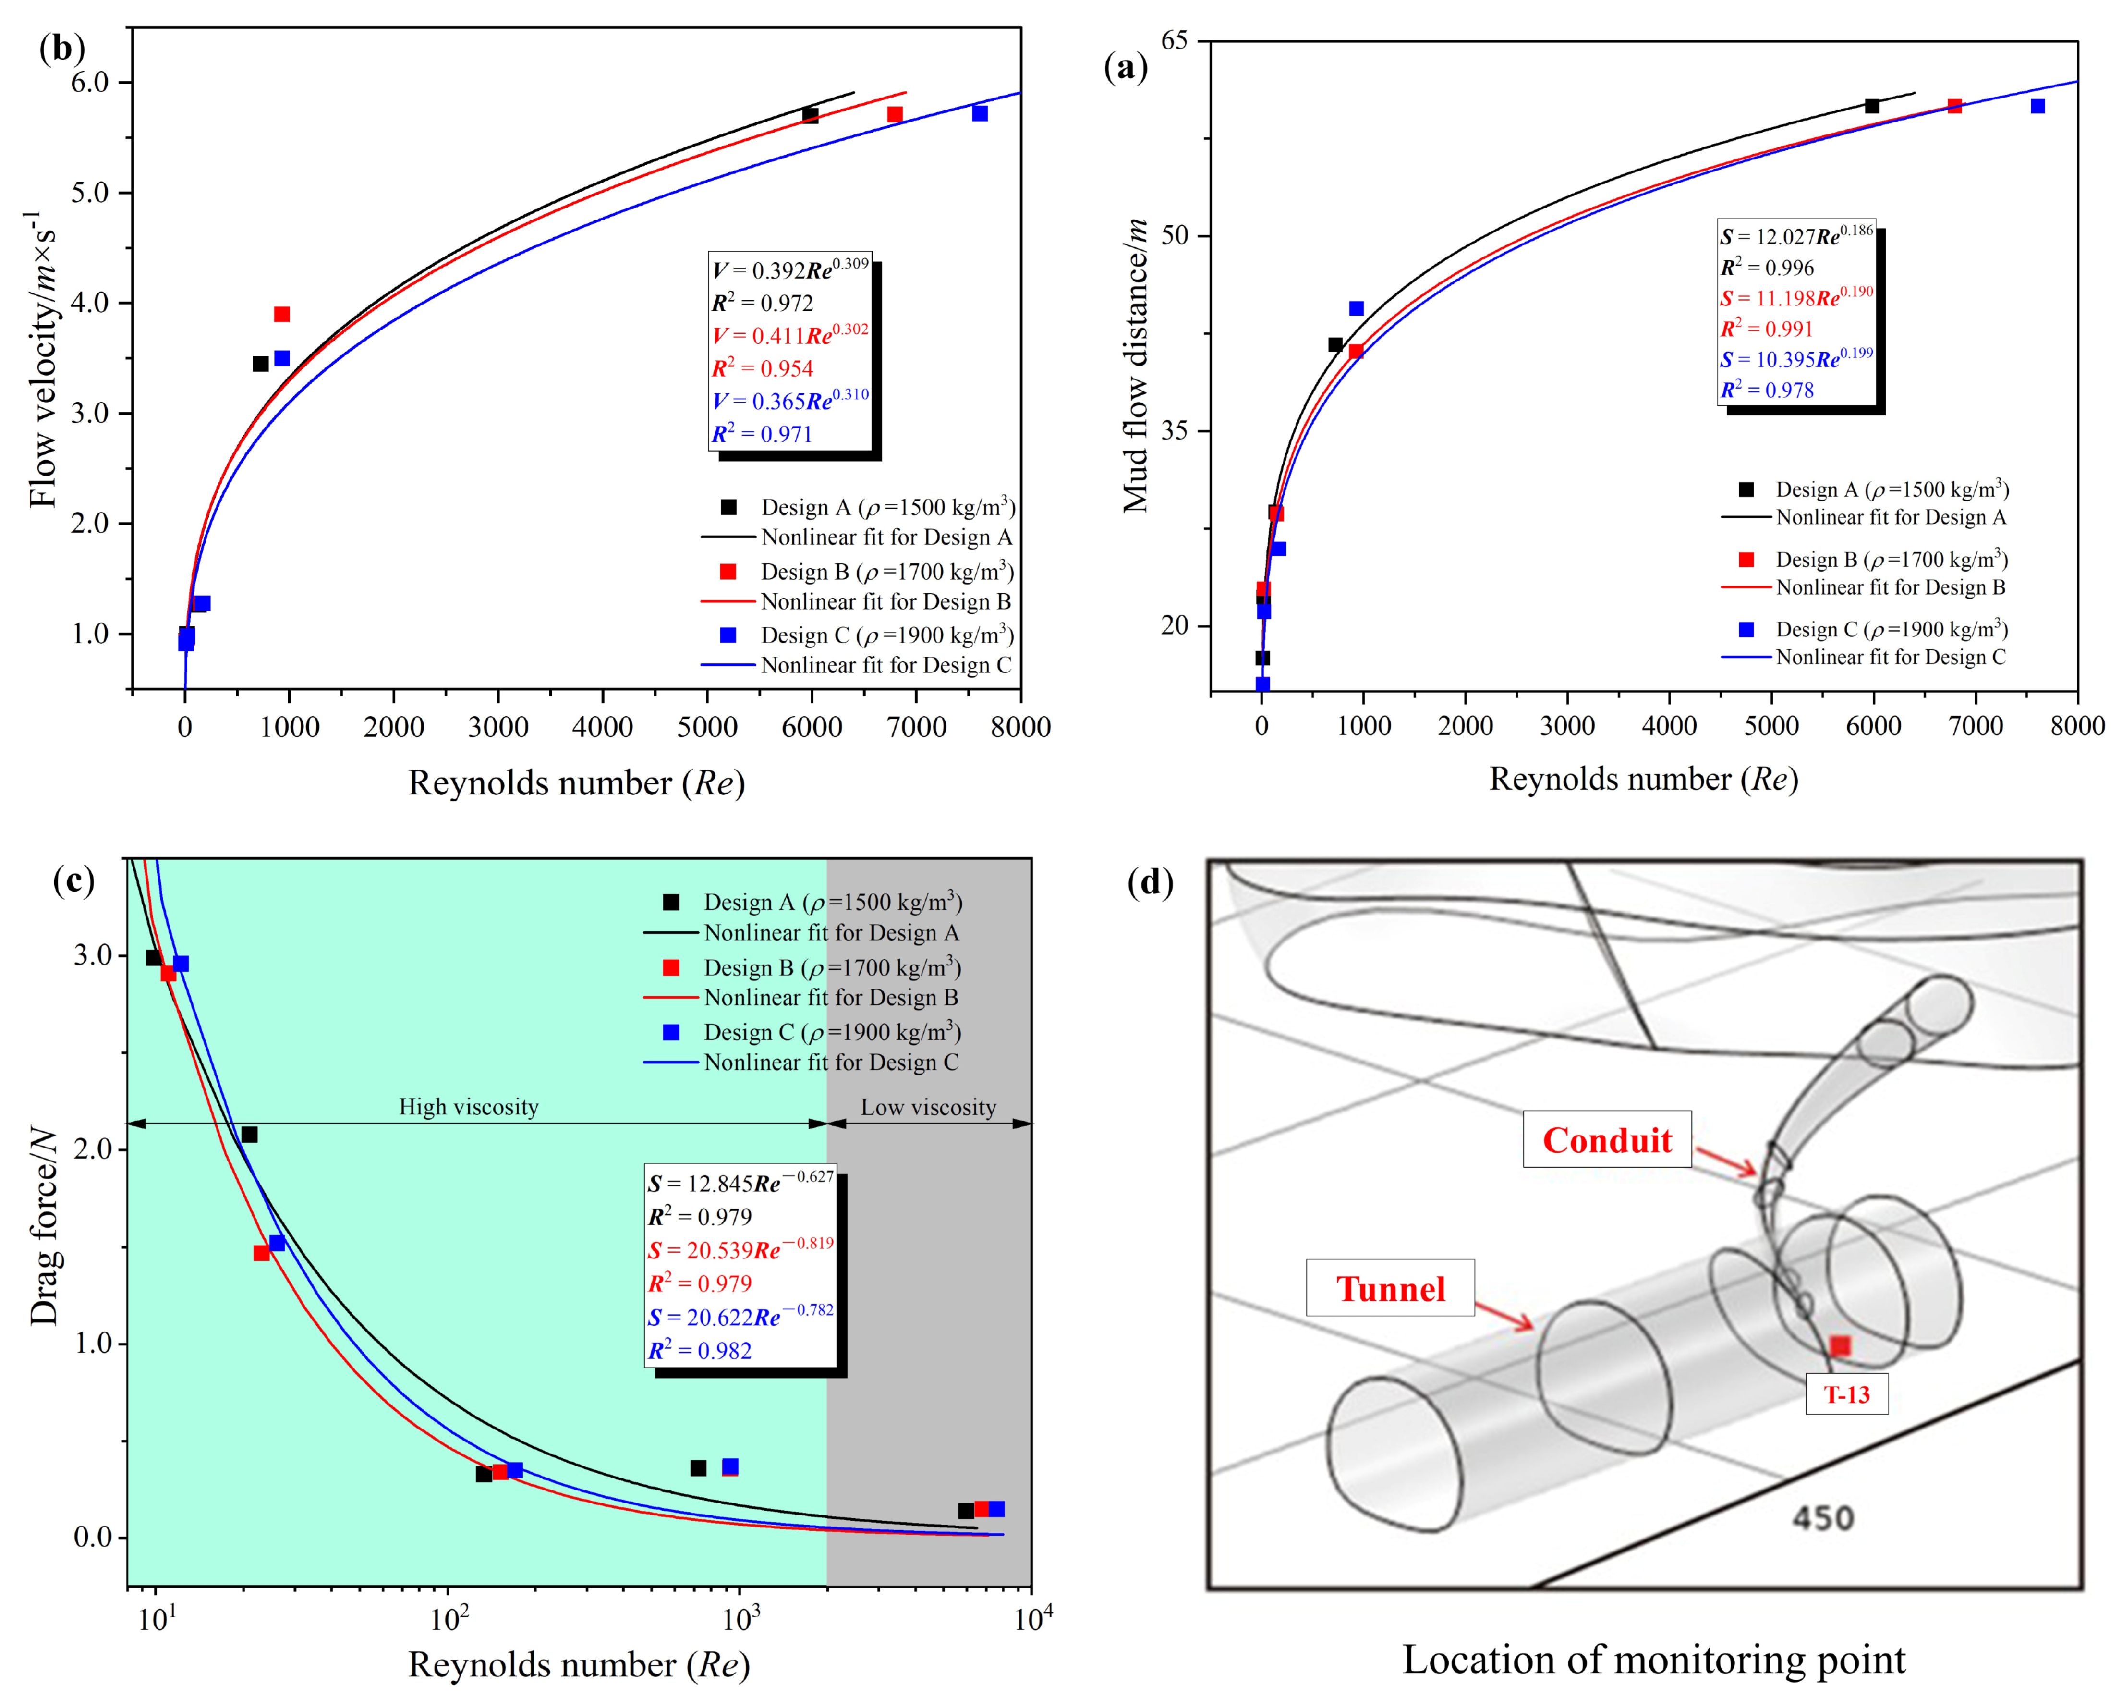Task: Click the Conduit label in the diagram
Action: [1606, 1140]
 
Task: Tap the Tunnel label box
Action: [1390, 1289]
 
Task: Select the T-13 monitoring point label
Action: [1846, 1395]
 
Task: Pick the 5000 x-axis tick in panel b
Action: [707, 727]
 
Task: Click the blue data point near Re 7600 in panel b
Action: [979, 113]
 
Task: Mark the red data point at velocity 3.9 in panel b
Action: [281, 314]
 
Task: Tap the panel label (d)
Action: [1150, 883]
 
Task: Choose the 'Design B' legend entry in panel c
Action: [832, 967]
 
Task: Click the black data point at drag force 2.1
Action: [249, 1135]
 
